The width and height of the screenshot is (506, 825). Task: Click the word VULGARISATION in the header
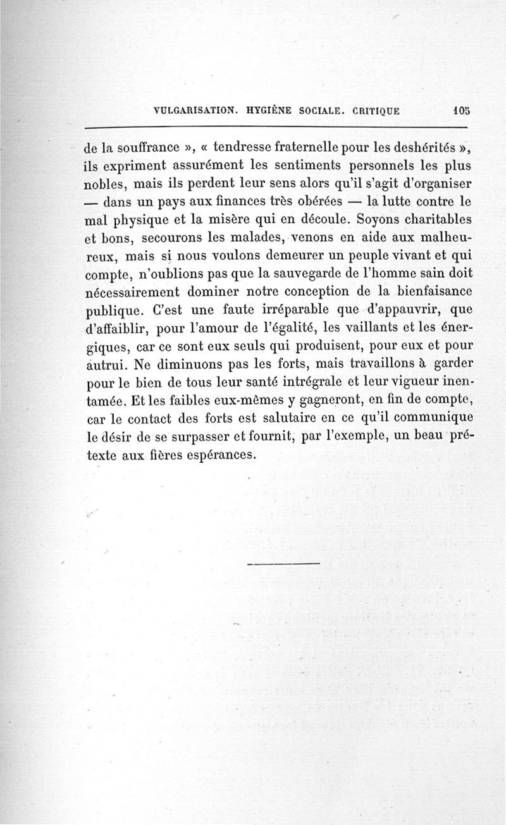[x=195, y=109]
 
